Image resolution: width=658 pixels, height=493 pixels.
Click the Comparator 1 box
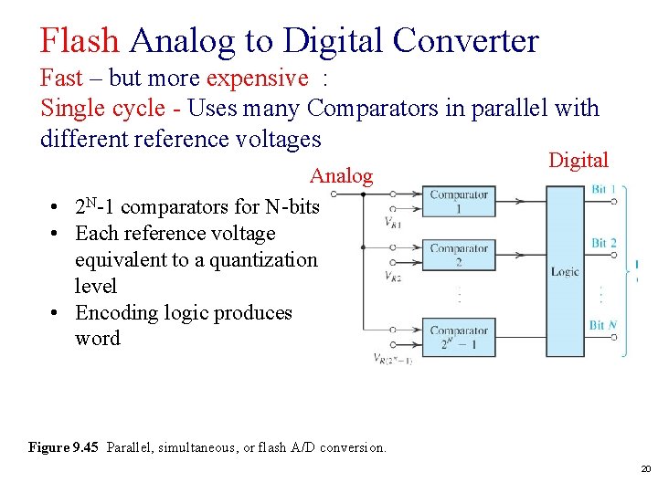(x=459, y=202)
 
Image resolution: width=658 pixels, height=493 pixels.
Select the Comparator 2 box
(x=459, y=255)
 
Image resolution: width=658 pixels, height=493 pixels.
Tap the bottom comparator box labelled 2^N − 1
(x=459, y=337)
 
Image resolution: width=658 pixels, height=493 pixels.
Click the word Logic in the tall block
(x=565, y=271)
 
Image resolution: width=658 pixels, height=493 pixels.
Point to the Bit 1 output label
(x=603, y=189)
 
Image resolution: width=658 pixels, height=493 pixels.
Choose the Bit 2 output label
(x=603, y=243)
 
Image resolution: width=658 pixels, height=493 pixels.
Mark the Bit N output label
(x=603, y=325)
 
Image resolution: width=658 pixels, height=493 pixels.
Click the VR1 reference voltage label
(x=394, y=223)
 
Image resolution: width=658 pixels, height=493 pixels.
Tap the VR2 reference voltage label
(x=394, y=276)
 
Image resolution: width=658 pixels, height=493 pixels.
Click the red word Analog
(x=341, y=175)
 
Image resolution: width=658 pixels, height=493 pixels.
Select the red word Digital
(x=578, y=161)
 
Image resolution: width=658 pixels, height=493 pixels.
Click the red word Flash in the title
(x=80, y=40)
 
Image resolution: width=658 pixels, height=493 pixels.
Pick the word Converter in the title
(x=465, y=40)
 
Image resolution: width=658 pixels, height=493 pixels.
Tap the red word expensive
(x=258, y=79)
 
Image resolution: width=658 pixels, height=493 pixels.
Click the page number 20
(x=645, y=468)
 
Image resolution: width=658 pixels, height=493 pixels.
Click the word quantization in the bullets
(x=263, y=259)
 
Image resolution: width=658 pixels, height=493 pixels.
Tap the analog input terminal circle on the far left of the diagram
(x=335, y=194)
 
